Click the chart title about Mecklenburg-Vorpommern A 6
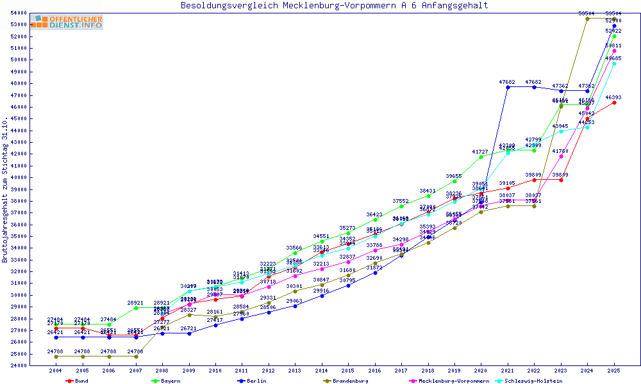click(x=334, y=6)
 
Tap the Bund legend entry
click(x=78, y=381)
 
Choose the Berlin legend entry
click(x=253, y=381)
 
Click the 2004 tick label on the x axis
click(x=56, y=371)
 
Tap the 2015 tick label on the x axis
click(x=348, y=371)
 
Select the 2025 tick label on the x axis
click(x=614, y=371)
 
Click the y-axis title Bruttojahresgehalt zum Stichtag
click(x=5, y=189)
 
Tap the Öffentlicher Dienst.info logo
click(x=67, y=22)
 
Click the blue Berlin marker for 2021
click(x=508, y=87)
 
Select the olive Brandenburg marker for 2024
click(x=587, y=19)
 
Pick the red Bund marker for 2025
click(x=614, y=102)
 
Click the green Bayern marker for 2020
click(x=481, y=157)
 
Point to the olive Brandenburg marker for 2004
click(x=56, y=356)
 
